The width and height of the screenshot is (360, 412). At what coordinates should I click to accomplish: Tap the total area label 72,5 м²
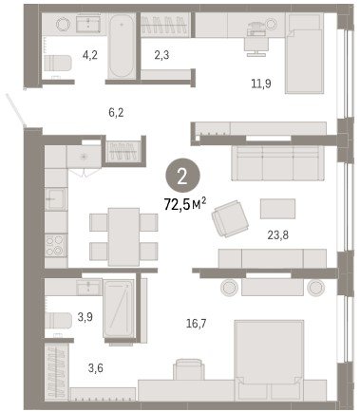tap(185, 204)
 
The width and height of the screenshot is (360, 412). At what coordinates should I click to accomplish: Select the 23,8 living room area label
tap(277, 235)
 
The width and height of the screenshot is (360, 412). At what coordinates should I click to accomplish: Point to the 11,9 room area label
tap(261, 84)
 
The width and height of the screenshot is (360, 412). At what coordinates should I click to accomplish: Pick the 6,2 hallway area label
tap(116, 112)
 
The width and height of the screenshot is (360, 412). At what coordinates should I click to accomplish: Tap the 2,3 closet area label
tap(161, 55)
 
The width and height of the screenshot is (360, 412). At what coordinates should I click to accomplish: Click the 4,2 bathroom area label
tap(89, 55)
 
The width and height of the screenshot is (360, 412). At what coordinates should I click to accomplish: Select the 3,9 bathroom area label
tap(85, 316)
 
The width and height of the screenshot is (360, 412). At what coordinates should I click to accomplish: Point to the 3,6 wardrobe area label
tap(95, 368)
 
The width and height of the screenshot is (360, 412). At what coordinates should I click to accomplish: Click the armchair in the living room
tap(230, 218)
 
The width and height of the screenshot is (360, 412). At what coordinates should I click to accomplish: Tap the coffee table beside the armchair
tap(277, 209)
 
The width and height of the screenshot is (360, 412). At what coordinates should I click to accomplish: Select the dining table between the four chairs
tap(123, 236)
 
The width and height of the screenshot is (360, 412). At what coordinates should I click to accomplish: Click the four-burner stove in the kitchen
tap(56, 246)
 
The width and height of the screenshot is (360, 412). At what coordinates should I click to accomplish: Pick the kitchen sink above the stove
tap(56, 199)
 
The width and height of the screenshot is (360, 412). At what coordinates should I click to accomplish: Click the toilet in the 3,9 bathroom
tap(58, 320)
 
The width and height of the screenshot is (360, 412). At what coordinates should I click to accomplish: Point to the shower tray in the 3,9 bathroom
tap(119, 309)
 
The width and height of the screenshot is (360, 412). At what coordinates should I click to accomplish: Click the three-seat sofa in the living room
tap(278, 163)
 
